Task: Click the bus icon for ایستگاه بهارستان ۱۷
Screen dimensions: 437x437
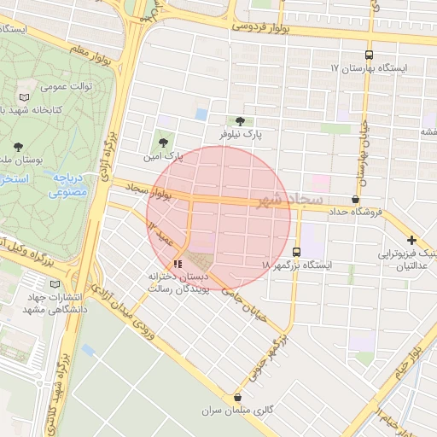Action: point(369,53)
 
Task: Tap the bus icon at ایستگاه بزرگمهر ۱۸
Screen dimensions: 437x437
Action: point(296,252)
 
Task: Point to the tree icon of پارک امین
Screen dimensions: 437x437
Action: point(163,143)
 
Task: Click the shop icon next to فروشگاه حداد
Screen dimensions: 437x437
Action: point(355,198)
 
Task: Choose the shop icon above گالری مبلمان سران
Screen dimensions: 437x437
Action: point(237,397)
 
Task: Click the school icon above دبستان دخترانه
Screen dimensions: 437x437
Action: point(178,263)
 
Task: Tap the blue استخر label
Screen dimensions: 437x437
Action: point(15,180)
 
